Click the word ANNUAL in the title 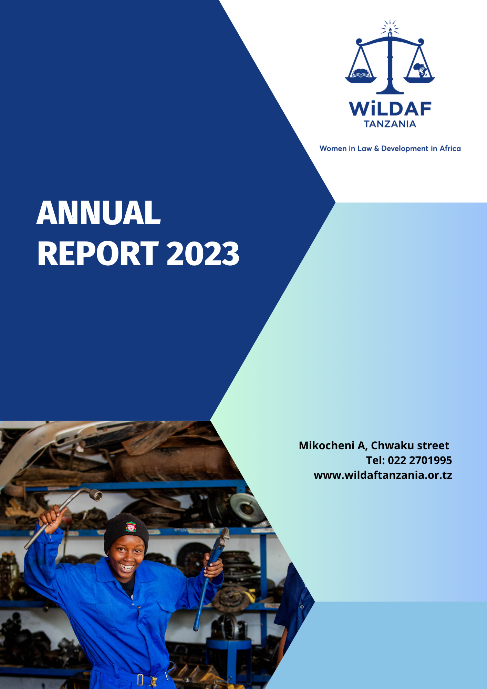pos(99,213)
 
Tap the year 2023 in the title pos(203,254)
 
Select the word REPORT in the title pos(98,254)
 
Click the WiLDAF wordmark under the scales pos(390,109)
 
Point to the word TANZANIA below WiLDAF pos(390,124)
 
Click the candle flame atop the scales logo pos(390,30)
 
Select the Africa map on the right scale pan pos(419,70)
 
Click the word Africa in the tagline pos(450,148)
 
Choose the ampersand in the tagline pos(376,148)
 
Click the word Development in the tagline pos(404,148)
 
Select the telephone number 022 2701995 pos(419,460)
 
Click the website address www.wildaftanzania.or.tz pos(383,475)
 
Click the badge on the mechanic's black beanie pos(131,527)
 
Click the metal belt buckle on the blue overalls pos(140,679)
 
